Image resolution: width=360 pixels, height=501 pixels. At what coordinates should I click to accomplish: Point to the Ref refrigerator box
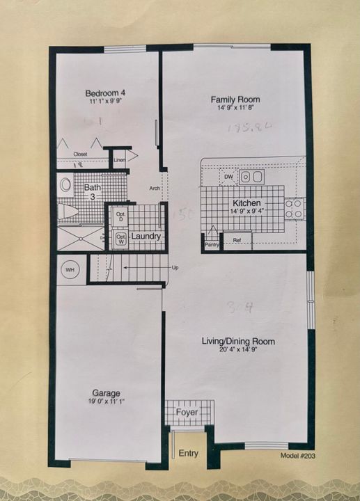pyautogui.click(x=237, y=240)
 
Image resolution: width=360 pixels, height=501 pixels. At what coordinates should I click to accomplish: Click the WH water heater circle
pyautogui.click(x=70, y=269)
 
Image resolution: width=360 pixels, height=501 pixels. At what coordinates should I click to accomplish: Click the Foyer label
pyautogui.click(x=186, y=413)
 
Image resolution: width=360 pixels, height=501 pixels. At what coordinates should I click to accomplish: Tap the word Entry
pyautogui.click(x=188, y=454)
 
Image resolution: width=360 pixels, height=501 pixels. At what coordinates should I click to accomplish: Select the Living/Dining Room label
pyautogui.click(x=237, y=342)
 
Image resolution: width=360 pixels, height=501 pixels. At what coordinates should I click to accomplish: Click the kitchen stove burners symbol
pyautogui.click(x=293, y=209)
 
